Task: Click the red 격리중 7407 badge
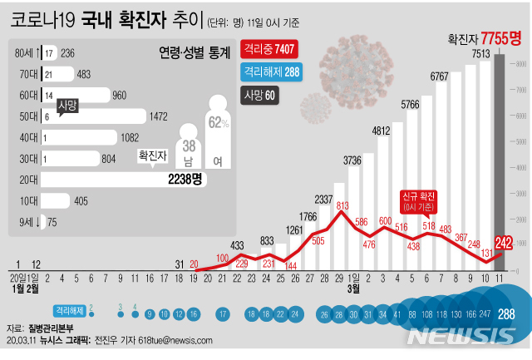[268, 52]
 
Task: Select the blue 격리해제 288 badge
[271, 73]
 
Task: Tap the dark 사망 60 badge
[261, 95]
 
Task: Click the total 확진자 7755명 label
[484, 37]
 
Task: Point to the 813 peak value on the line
[342, 205]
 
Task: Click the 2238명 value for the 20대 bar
[185, 179]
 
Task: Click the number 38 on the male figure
[190, 144]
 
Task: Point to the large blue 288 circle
[506, 314]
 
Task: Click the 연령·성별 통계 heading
[195, 53]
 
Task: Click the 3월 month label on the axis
[352, 288]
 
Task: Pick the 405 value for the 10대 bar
[81, 200]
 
